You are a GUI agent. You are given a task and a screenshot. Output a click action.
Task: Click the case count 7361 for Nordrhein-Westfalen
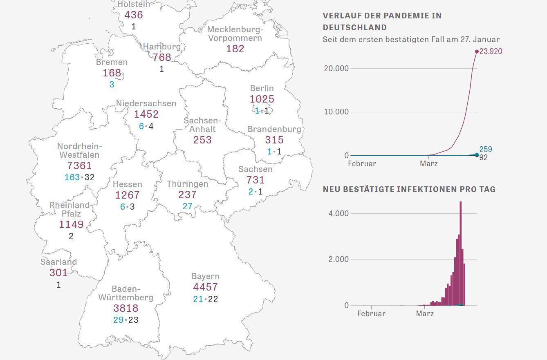(79, 166)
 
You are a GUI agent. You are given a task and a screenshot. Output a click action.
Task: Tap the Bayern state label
(205, 277)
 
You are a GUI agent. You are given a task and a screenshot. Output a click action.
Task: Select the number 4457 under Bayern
(205, 287)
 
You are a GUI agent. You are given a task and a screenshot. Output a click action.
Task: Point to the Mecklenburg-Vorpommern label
(235, 34)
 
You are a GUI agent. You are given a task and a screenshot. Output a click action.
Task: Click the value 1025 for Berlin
(262, 99)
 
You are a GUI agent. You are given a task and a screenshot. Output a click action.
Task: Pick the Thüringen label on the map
(187, 184)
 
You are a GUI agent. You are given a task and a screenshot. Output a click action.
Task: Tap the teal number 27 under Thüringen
(187, 206)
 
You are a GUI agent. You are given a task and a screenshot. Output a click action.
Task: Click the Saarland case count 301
(58, 273)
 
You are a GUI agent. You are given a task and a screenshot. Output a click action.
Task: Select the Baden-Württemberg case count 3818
(126, 309)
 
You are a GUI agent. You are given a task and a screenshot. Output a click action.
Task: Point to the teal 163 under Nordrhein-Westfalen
(72, 177)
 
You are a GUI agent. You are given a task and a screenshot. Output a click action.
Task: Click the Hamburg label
(162, 47)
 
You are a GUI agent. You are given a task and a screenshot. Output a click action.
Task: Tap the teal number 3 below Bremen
(112, 85)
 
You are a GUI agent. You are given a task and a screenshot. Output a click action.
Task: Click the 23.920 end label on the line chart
(491, 51)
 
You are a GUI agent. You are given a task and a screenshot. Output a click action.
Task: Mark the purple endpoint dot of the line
(477, 51)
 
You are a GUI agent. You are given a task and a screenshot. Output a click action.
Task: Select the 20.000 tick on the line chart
(336, 68)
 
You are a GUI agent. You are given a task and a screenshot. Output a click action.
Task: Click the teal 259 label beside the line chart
(486, 149)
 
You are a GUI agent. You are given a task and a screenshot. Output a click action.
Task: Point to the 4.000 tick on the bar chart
(339, 214)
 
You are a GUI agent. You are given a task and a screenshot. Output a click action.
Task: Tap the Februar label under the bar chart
(371, 314)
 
